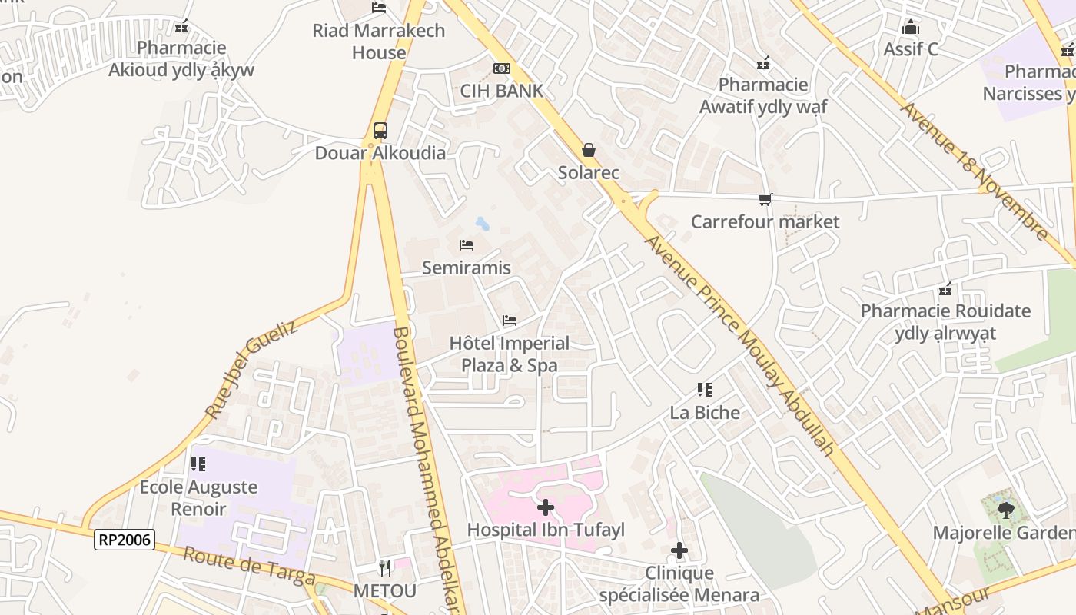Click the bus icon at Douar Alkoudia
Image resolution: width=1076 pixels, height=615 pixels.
pos(380,130)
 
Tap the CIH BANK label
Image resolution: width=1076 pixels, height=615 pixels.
pos(501,91)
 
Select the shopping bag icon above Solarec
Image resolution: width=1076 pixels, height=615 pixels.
pos(589,149)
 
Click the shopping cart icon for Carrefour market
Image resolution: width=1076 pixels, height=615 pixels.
pos(765,200)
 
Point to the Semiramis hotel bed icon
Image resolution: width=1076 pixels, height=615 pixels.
pos(467,245)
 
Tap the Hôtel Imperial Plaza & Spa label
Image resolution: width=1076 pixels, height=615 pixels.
pos(510,354)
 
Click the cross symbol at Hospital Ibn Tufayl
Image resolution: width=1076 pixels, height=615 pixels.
pos(546,507)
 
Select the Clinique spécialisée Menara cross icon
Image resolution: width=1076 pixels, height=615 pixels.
pos(679,550)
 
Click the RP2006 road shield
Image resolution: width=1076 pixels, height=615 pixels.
pos(125,540)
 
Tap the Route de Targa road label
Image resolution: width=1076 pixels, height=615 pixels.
pos(249,566)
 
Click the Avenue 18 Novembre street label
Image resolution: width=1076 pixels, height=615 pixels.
pos(974,171)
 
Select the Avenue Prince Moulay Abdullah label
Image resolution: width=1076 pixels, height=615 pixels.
pos(739,344)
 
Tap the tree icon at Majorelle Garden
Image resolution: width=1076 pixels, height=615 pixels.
pos(1005,510)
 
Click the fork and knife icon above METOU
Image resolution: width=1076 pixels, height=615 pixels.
pos(385,568)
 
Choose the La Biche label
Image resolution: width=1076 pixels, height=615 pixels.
pos(705,413)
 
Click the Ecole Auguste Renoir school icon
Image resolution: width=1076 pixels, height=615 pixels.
pos(198,464)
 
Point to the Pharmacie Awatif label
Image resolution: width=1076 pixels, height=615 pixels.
pos(763,95)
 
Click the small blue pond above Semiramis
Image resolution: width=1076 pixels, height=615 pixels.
pos(483,224)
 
